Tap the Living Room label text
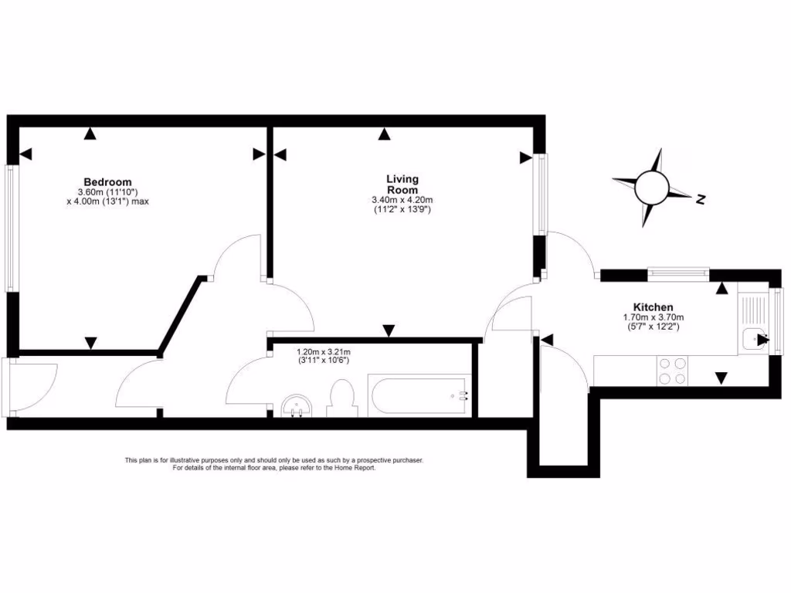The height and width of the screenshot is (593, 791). pos(402,185)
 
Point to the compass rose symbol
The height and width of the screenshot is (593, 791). pos(650,187)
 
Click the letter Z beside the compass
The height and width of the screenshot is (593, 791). pos(701,200)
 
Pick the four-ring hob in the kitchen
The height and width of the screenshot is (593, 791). pos(672,371)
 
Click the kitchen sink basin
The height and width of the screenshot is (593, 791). pos(751,340)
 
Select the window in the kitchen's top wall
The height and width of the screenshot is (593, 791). pos(677,271)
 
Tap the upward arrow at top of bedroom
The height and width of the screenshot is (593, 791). pos(91,134)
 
